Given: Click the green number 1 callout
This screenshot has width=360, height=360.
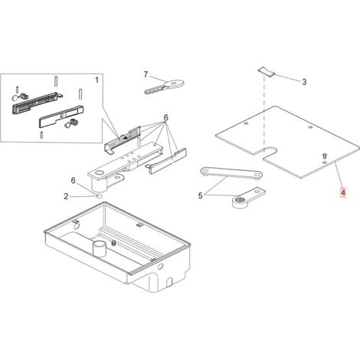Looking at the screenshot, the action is [97, 80].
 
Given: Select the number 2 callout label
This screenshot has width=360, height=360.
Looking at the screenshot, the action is [66, 196].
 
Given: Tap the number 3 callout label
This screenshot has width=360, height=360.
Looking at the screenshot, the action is [304, 82].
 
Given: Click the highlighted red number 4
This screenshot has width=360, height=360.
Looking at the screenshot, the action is [343, 192].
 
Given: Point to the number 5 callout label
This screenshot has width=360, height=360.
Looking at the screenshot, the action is [200, 196].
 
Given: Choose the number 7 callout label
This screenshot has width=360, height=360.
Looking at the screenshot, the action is [146, 74].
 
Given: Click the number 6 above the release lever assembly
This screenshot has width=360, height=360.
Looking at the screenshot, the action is [166, 118].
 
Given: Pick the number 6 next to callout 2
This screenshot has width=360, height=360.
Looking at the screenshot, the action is [74, 181].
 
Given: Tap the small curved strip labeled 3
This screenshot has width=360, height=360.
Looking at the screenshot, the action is [267, 71].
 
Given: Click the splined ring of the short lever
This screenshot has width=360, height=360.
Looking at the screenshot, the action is [239, 201].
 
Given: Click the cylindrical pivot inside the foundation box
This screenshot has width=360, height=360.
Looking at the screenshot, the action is [99, 248].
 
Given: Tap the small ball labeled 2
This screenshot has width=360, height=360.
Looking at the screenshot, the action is [100, 196].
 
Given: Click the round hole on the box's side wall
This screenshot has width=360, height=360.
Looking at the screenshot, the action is [160, 267].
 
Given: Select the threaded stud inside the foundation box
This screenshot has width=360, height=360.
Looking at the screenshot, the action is [113, 243].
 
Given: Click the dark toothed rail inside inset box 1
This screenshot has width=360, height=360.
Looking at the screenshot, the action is [34, 103].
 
